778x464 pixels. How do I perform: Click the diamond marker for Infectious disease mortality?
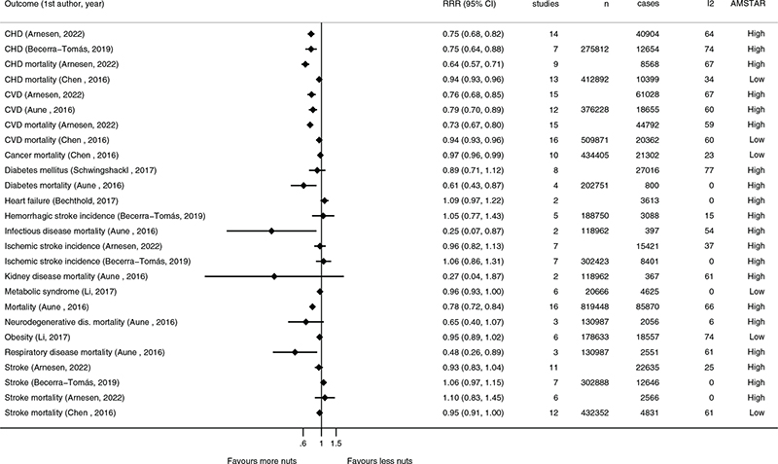tap(272, 231)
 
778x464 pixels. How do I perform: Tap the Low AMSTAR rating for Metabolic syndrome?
tap(747, 291)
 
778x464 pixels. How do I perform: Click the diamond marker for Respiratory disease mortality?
tap(295, 351)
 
